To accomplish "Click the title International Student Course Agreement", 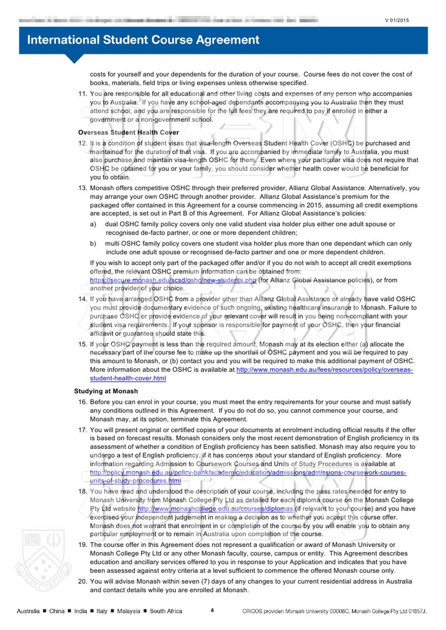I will click(x=143, y=40).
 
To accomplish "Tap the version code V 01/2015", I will click(x=397, y=20).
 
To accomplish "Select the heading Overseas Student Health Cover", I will click(x=128, y=132).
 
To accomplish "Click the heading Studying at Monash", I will click(x=106, y=391).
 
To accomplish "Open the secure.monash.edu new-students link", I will click(x=173, y=280).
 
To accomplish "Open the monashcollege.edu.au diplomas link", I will click(x=215, y=509).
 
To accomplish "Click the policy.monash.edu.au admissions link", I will click(x=248, y=472).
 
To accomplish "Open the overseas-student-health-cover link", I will click(x=324, y=370).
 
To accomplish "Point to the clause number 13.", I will click(x=83, y=188).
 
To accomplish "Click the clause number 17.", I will click(x=83, y=430).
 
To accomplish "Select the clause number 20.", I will click(x=83, y=581).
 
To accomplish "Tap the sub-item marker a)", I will click(x=93, y=224).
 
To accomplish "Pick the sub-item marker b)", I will click(x=93, y=244).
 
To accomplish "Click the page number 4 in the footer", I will click(x=212, y=610).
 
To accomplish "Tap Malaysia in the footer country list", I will click(x=128, y=611).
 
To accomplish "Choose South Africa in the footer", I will click(x=166, y=611).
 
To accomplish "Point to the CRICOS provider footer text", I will click(x=334, y=611).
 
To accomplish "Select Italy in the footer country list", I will click(x=102, y=611).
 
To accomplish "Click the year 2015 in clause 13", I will click(x=314, y=205).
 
